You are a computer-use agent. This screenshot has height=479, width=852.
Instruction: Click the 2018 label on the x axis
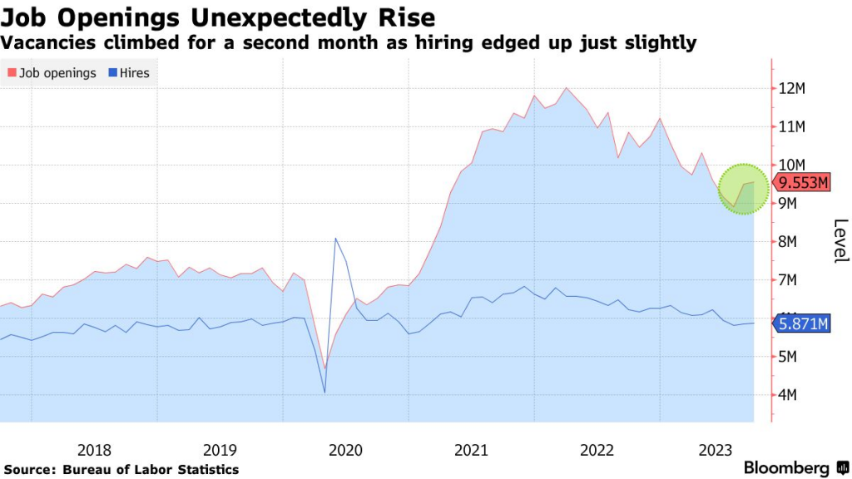click(x=94, y=450)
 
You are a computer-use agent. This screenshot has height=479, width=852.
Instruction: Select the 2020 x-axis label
click(x=345, y=450)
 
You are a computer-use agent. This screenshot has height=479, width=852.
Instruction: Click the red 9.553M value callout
click(x=802, y=183)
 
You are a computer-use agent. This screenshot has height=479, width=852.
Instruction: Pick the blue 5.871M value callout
click(x=802, y=323)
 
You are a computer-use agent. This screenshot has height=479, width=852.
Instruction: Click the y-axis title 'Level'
click(x=840, y=240)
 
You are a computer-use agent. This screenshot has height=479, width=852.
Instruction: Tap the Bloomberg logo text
click(x=785, y=467)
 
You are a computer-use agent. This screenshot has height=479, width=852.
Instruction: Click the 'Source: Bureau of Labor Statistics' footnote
click(x=121, y=470)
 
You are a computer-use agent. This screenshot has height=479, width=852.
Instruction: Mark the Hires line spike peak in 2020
click(x=335, y=239)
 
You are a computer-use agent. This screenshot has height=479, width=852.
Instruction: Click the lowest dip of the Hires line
click(x=324, y=393)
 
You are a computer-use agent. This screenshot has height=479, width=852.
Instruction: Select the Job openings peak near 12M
click(x=566, y=88)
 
